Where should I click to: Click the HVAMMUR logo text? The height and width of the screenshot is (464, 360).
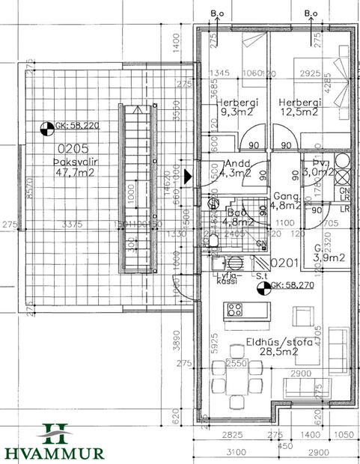[x=52, y=452]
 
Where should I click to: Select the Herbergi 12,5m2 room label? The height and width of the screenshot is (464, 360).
[x=300, y=107]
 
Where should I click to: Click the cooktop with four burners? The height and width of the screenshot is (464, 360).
[x=235, y=308]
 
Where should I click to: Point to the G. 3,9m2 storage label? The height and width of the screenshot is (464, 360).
[x=329, y=252]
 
